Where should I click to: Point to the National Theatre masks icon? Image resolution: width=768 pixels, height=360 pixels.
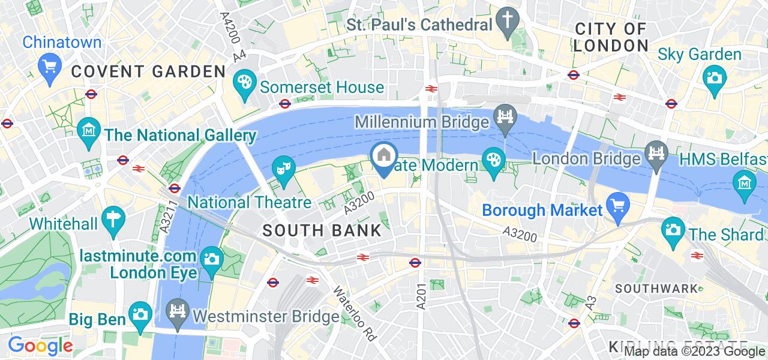(281, 167)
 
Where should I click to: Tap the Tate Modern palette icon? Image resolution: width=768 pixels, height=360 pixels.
(494, 160)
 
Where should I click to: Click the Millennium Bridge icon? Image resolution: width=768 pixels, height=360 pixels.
(505, 114)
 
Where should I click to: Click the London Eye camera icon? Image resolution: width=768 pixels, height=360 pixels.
(212, 259)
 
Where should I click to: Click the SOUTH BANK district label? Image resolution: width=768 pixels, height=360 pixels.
(322, 230)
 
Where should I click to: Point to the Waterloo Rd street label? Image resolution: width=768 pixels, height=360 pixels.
(355, 312)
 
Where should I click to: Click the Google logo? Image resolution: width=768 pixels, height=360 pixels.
(40, 346)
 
